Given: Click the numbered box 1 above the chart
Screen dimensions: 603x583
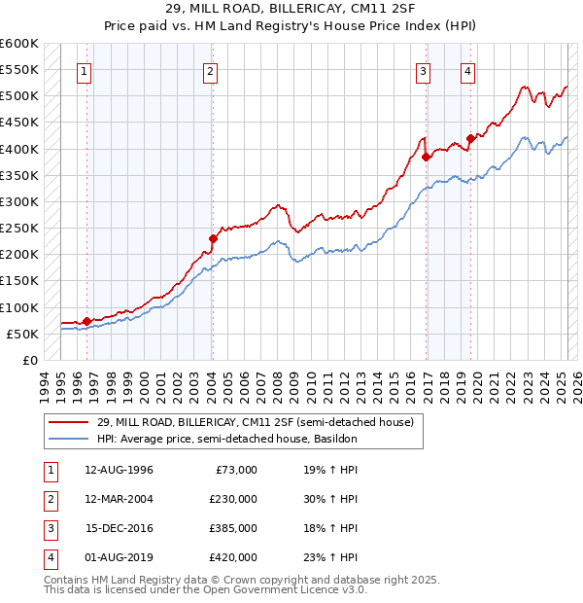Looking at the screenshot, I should [85, 70].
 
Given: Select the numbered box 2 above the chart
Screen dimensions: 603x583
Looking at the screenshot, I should [210, 70].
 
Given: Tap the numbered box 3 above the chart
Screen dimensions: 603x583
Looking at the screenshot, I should [424, 70].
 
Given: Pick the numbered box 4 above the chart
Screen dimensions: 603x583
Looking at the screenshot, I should [467, 70].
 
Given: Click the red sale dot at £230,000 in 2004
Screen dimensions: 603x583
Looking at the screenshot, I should [213, 237].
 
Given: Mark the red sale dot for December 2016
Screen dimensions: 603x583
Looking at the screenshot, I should [427, 157].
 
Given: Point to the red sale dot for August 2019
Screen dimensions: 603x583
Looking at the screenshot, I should [470, 138].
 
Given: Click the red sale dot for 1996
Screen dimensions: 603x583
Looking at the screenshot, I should [86, 321].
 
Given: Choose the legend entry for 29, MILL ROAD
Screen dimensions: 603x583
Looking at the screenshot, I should [256, 422].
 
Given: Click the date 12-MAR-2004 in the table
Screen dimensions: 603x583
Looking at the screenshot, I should [120, 498].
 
